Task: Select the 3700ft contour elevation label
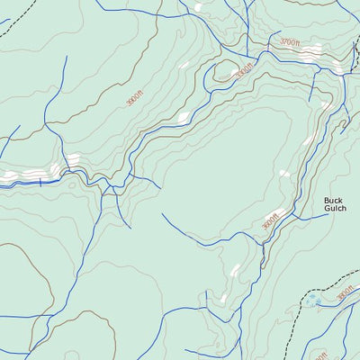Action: click(289, 42)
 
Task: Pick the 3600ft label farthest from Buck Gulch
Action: click(134, 98)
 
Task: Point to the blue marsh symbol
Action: click(312, 302)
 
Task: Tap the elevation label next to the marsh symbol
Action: click(345, 293)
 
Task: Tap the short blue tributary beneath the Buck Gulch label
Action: click(310, 217)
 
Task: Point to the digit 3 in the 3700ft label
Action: click(282, 41)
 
